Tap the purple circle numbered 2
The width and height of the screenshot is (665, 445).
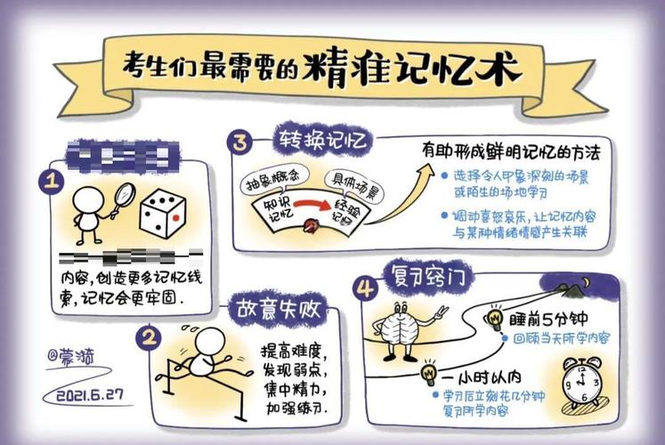coord(149,336)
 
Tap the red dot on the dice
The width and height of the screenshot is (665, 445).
coord(175,216)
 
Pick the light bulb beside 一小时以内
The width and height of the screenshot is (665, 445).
coord(429,369)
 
